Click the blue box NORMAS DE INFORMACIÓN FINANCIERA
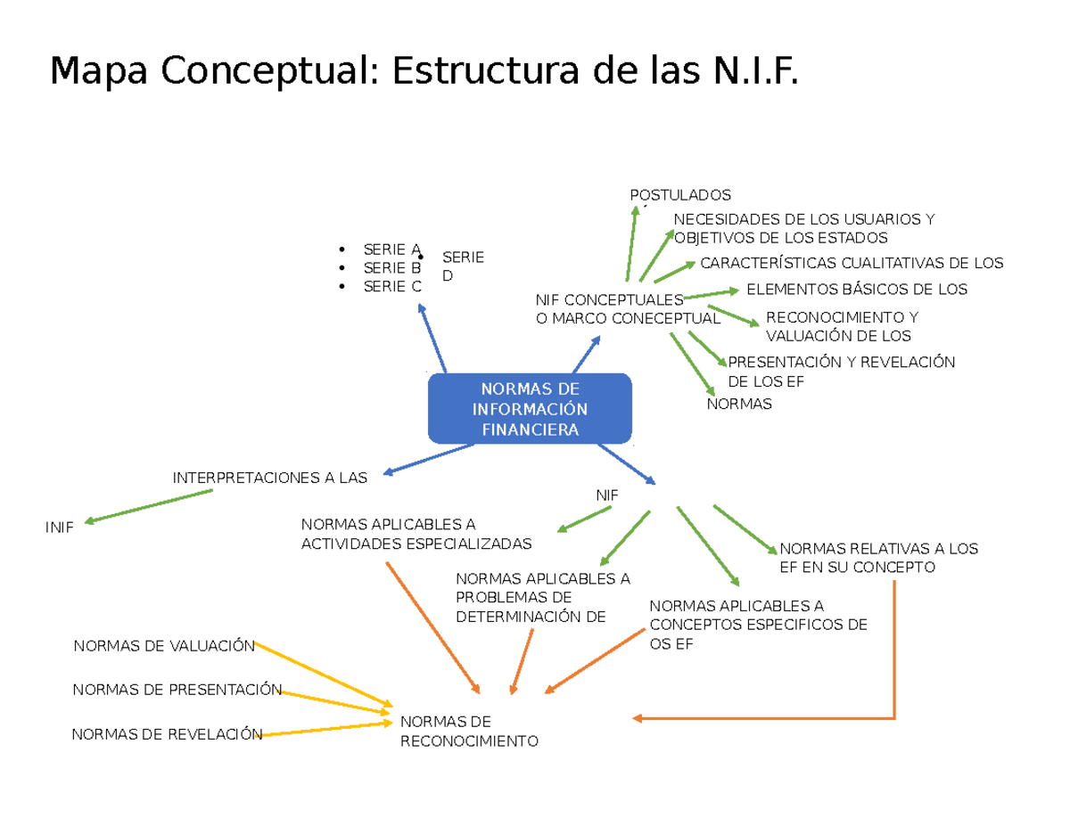[x=530, y=409]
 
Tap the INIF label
[x=59, y=527]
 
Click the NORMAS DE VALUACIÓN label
[x=164, y=646]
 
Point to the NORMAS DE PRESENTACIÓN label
[x=177, y=689]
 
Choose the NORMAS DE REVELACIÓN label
[x=167, y=733]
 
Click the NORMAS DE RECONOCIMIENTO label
[x=470, y=731]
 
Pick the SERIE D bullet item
[x=463, y=266]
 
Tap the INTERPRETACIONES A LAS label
[x=269, y=478]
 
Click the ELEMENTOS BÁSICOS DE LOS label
[x=856, y=289]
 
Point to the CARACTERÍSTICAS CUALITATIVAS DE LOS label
[x=852, y=263]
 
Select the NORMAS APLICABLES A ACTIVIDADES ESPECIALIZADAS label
[x=416, y=534]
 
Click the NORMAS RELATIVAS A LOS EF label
[x=878, y=558]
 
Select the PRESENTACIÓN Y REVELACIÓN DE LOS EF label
[x=841, y=372]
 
